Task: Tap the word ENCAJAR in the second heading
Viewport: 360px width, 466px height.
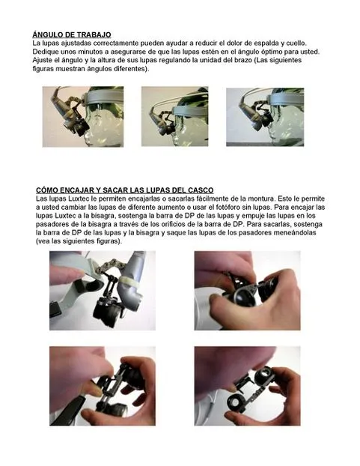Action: click(x=81, y=190)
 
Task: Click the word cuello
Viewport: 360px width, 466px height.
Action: click(x=296, y=43)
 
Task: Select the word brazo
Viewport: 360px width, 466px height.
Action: click(x=245, y=61)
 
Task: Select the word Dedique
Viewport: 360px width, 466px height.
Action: click(x=43, y=52)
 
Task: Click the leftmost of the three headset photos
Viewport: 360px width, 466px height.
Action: click(x=83, y=117)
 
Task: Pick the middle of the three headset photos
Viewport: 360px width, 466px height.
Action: click(x=175, y=117)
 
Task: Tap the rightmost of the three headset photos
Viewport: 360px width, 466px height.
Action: click(x=265, y=117)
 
